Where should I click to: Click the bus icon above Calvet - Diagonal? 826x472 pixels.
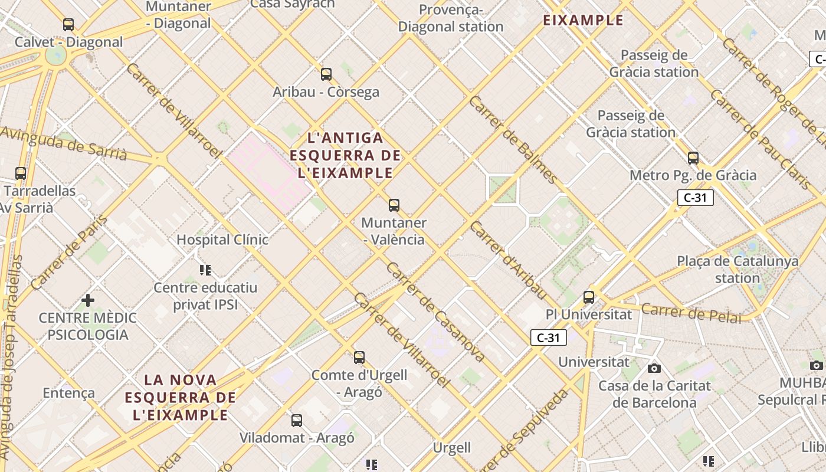(x=68, y=25)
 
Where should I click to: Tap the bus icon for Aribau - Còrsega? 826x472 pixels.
(x=326, y=74)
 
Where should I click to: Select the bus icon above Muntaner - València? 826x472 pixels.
(x=394, y=205)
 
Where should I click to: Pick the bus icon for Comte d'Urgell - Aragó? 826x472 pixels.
(x=359, y=358)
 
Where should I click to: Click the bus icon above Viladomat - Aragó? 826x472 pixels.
(x=297, y=421)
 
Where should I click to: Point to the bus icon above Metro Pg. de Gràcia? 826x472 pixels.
(x=693, y=158)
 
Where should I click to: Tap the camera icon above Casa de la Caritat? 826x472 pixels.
(x=654, y=369)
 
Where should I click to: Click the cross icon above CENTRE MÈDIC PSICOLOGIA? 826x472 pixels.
(x=88, y=300)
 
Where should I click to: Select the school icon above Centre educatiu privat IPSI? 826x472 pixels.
(x=205, y=270)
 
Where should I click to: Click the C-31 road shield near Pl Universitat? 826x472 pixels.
(x=549, y=337)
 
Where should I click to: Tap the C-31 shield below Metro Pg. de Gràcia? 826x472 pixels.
(x=695, y=198)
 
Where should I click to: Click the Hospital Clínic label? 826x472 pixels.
(x=222, y=240)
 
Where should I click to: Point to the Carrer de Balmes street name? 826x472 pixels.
(x=513, y=139)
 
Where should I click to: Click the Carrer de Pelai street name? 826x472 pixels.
(x=691, y=313)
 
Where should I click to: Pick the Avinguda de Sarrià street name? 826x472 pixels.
(x=63, y=143)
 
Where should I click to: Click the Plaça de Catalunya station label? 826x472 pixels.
(x=737, y=269)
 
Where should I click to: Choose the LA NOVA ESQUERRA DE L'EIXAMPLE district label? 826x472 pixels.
(x=180, y=397)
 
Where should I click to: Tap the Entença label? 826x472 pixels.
(x=68, y=393)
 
